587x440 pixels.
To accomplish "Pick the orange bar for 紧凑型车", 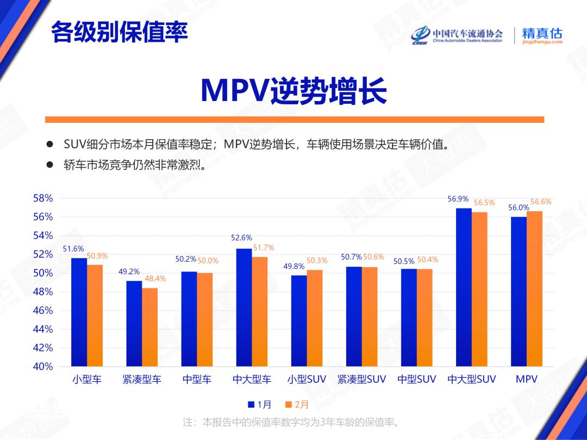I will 150,326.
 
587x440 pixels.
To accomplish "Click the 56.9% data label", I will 458,199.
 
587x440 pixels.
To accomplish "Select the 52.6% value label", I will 241,238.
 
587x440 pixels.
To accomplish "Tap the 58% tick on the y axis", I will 43,199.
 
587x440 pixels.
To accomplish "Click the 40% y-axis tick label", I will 43,367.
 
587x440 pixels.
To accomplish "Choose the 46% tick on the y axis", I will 43,311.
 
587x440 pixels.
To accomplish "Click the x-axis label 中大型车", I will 252,380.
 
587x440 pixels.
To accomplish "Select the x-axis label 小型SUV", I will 307,380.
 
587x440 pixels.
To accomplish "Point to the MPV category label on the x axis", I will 526,380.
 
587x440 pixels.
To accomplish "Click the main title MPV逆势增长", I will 293,90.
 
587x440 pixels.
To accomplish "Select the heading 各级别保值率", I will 119,33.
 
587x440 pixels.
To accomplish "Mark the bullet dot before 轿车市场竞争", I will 50,164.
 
